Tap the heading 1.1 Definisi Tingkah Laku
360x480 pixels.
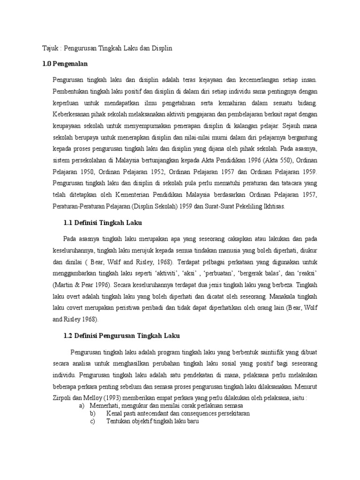[102, 222]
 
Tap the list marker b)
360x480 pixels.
[92, 413]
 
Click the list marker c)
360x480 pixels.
[92, 421]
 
